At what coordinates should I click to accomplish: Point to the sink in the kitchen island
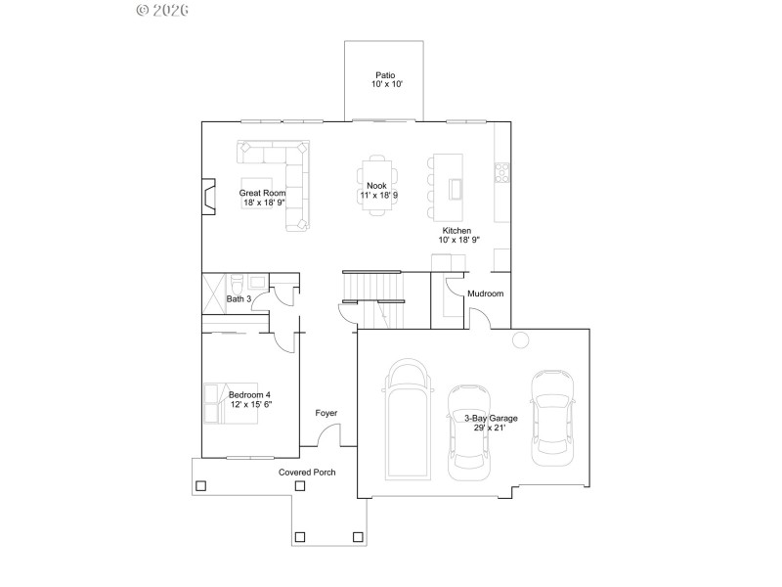(x=455, y=187)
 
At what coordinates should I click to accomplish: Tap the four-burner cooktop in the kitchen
(x=503, y=172)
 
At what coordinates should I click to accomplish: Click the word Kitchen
(x=457, y=230)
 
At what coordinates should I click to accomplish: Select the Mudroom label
(x=485, y=293)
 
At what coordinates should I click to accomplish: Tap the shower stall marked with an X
(x=214, y=293)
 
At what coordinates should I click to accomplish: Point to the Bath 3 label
(x=239, y=299)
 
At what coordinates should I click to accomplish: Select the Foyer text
(x=326, y=414)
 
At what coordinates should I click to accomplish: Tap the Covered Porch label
(x=307, y=473)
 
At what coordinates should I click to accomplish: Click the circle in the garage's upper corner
(x=521, y=339)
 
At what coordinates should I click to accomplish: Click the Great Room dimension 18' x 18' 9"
(x=263, y=203)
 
